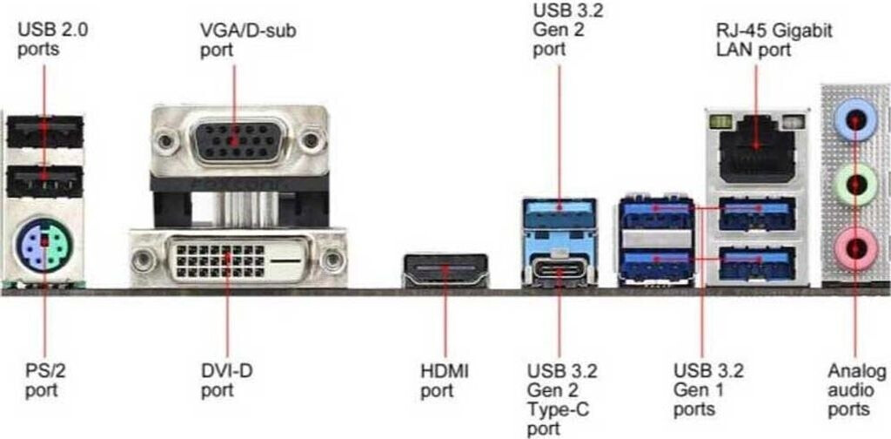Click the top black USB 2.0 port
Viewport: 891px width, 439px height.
[x=44, y=132]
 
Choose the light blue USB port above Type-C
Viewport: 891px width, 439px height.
[x=559, y=213]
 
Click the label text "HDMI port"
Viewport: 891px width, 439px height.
[x=445, y=381]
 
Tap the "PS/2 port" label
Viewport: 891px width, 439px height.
[x=45, y=381]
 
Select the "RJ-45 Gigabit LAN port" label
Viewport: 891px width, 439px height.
[x=773, y=40]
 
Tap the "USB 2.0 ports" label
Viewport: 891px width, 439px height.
[x=52, y=39]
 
